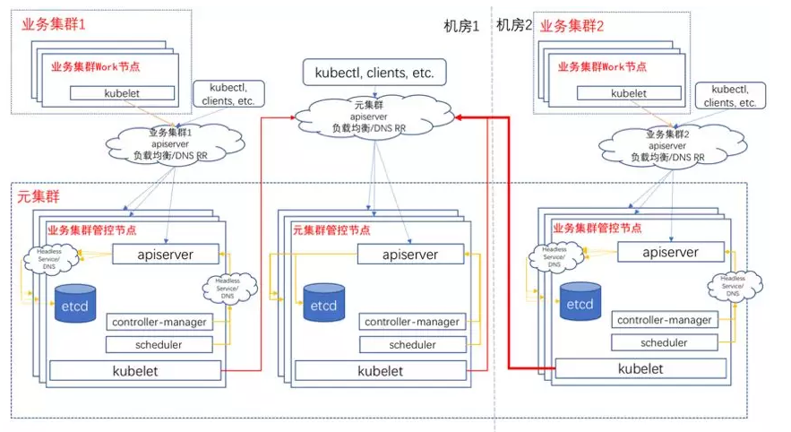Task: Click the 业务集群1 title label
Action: pos(54,24)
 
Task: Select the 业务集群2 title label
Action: pos(574,25)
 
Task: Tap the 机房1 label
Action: pos(461,25)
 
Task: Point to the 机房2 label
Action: pos(513,25)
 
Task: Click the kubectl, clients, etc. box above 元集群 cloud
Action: pos(374,72)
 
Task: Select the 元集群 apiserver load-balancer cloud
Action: pos(374,117)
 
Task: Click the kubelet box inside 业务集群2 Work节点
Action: pos(628,92)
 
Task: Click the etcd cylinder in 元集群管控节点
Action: pos(324,302)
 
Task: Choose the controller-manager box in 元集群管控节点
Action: pos(411,322)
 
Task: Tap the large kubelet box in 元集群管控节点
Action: pos(380,370)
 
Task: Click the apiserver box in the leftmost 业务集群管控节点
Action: pos(166,255)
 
